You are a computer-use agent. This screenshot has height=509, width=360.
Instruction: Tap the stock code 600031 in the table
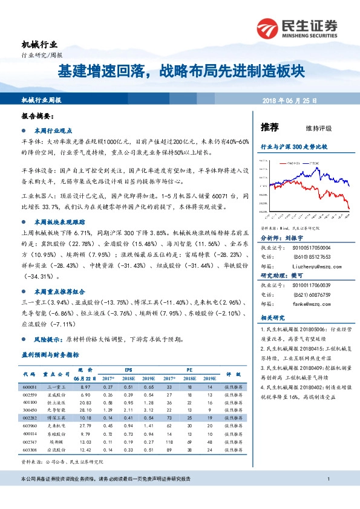click(29, 386)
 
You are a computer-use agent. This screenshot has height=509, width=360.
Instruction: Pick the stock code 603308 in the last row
click(29, 449)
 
